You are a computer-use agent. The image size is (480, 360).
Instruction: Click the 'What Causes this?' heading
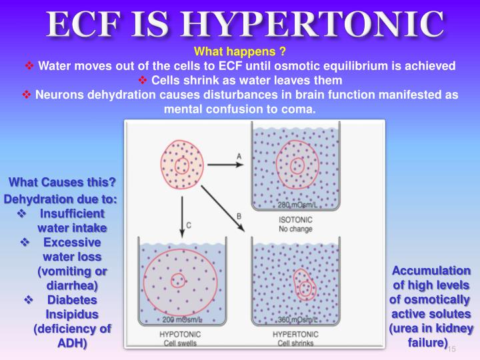pos(63,183)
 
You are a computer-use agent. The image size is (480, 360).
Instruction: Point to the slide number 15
pos(451,349)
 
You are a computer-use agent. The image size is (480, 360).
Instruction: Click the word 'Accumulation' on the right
pos(431,270)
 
